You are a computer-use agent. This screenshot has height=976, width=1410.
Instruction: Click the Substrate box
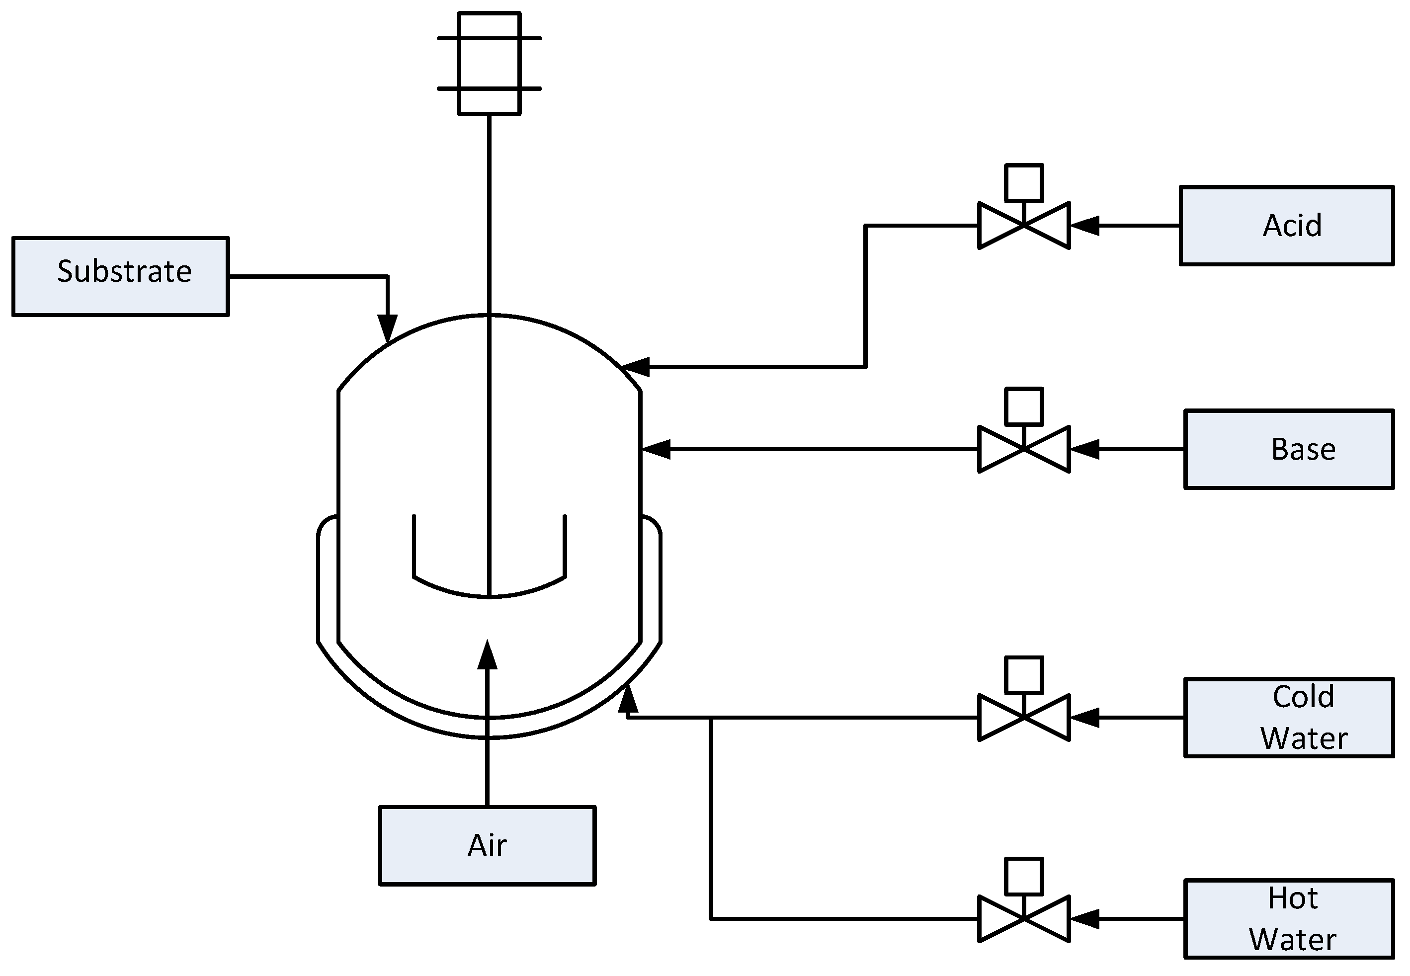tap(120, 276)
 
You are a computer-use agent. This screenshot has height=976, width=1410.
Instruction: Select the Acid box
tap(1286, 226)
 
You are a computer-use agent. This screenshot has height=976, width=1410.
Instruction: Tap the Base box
tap(1289, 449)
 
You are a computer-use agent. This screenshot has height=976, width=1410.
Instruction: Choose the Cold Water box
tap(1289, 717)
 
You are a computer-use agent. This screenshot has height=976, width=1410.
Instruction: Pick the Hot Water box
tap(1289, 918)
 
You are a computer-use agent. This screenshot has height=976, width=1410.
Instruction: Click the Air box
tap(488, 846)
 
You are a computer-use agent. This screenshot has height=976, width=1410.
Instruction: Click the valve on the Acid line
tap(1023, 226)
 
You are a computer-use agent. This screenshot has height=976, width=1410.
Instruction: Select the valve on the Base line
tap(1023, 449)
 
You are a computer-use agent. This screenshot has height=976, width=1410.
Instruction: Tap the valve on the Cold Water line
tap(1023, 717)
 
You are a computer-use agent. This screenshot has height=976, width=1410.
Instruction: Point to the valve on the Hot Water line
tap(1023, 918)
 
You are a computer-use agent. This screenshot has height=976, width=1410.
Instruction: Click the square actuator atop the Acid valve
tap(1023, 182)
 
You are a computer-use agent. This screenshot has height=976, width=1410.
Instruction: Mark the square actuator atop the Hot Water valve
tap(1023, 876)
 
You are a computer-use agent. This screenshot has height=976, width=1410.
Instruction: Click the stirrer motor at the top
tap(489, 63)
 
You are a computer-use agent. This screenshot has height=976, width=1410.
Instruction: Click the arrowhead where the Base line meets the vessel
tap(657, 449)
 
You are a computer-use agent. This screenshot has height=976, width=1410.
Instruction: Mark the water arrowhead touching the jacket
tap(627, 700)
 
